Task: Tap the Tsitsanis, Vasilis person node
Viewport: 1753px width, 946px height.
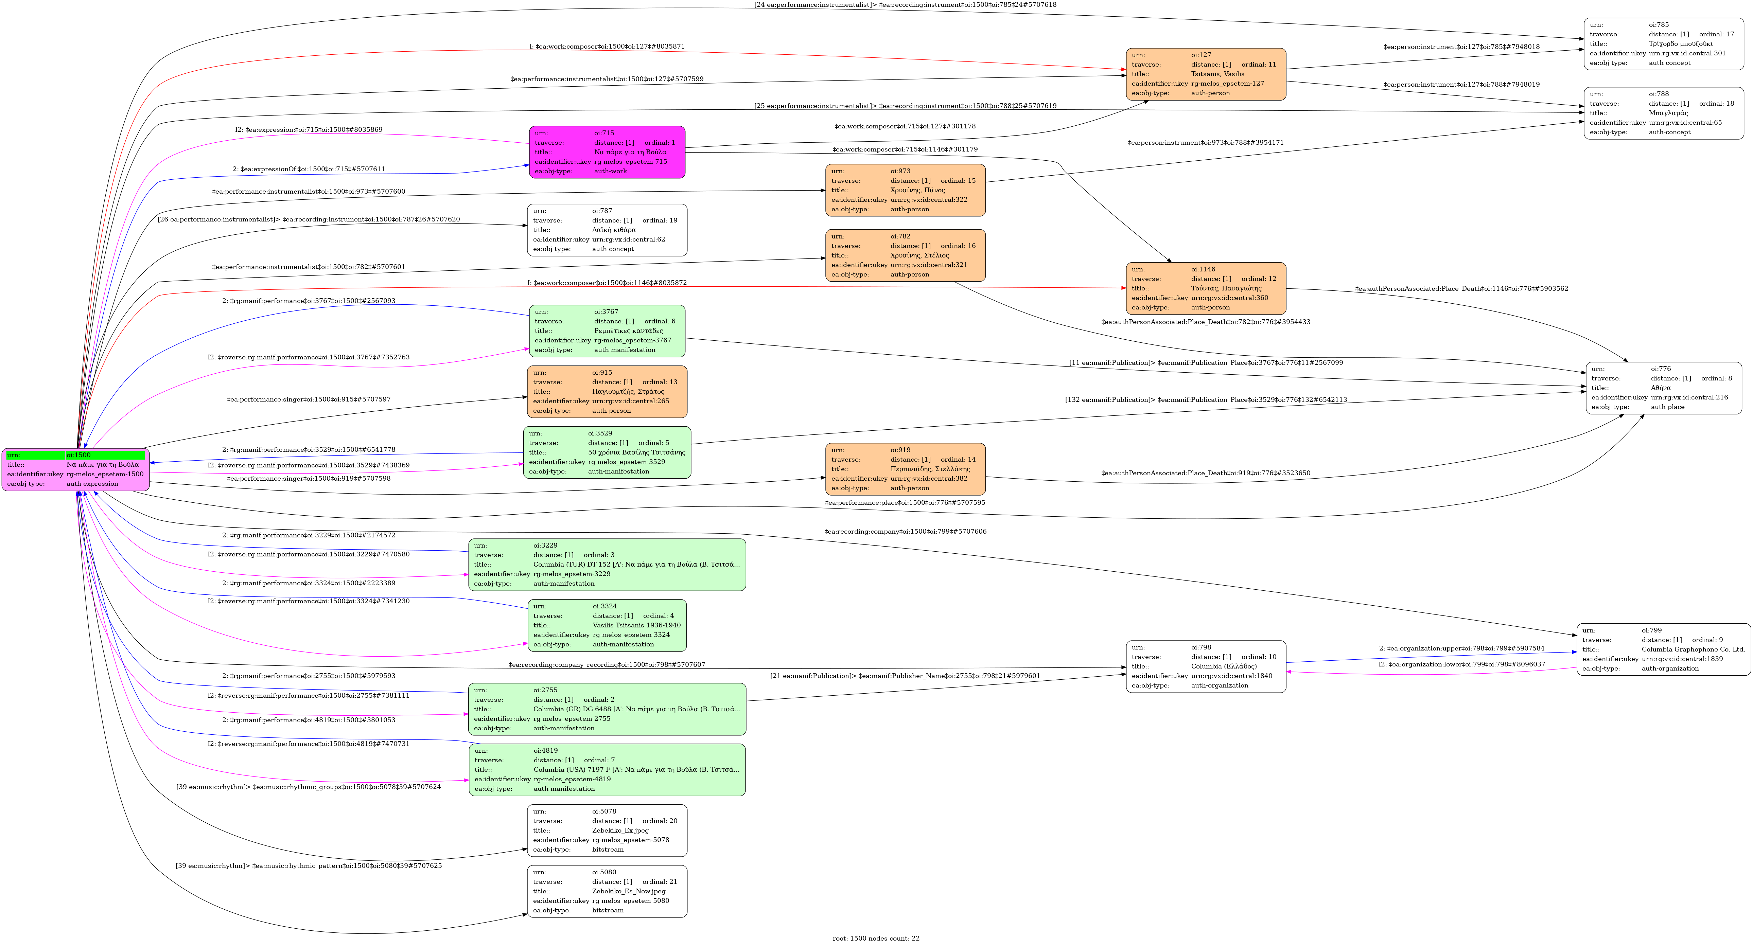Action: click(1206, 74)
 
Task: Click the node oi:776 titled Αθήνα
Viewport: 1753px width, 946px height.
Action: click(1664, 388)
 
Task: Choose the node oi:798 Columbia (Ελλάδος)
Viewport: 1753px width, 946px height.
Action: click(1206, 666)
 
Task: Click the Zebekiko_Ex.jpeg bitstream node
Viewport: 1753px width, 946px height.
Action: click(607, 831)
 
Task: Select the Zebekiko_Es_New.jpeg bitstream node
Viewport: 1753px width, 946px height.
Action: click(607, 891)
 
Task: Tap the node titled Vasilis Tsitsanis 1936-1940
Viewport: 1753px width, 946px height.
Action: click(607, 625)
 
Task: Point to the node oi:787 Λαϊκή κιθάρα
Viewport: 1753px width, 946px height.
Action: click(607, 230)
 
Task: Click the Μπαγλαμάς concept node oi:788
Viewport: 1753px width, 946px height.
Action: click(1664, 113)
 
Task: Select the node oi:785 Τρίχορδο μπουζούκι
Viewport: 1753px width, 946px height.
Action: click(1664, 43)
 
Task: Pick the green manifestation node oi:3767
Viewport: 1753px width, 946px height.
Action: click(607, 331)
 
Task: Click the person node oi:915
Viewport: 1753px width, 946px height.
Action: click(607, 392)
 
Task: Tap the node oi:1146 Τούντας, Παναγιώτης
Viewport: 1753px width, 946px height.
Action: click(1206, 288)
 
